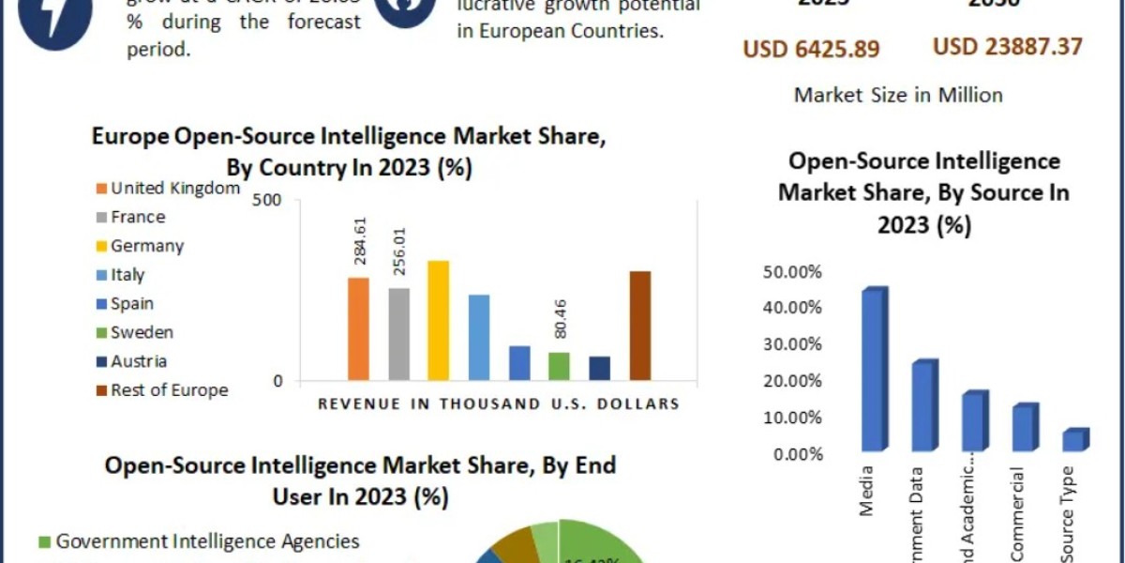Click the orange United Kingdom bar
(358, 328)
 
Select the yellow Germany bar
(438, 320)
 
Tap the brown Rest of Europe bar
(640, 326)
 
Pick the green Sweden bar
(559, 366)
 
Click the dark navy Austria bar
(599, 368)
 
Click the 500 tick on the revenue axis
(267, 201)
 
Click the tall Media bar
(874, 371)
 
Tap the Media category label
(866, 491)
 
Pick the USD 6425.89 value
(812, 49)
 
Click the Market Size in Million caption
(898, 95)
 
